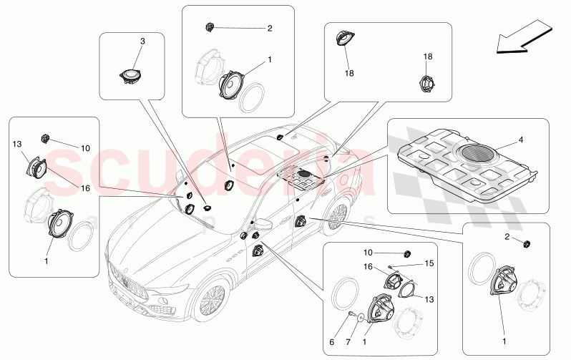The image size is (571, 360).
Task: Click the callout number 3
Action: tap(142, 42)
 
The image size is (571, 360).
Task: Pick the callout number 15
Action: tap(429, 263)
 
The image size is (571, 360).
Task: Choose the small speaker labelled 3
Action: tap(131, 74)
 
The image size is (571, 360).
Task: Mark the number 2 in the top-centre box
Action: tap(270, 29)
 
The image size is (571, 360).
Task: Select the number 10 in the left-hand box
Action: tap(85, 148)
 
